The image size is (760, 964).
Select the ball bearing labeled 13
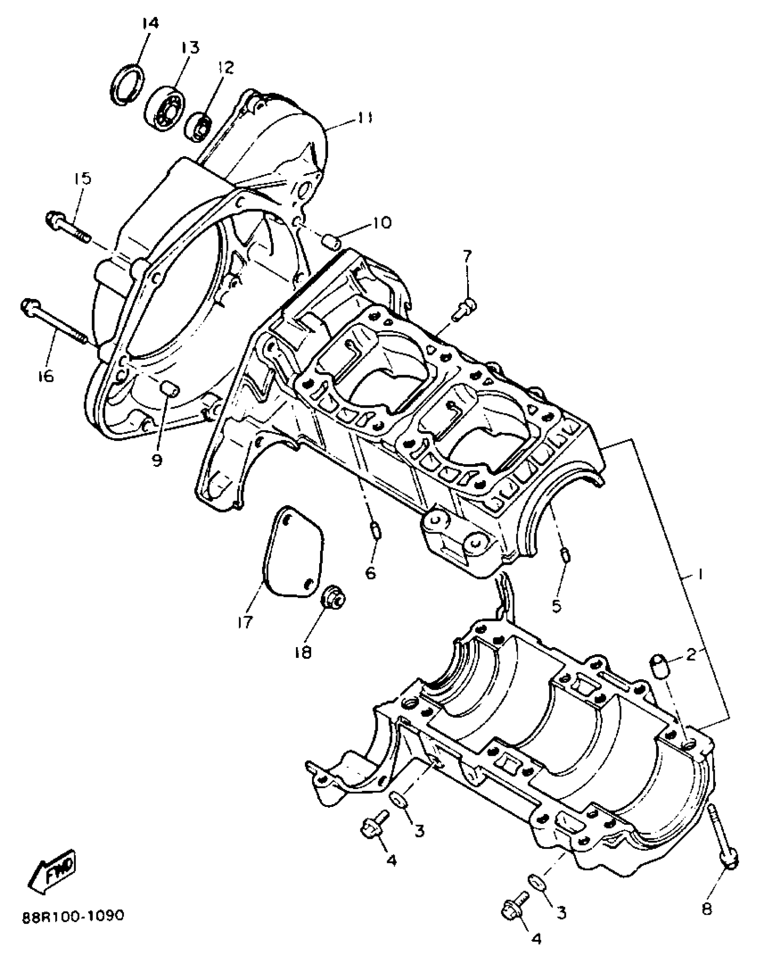165,107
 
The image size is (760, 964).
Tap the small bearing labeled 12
198,126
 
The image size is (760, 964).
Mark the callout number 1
700,574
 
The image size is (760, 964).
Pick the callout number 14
150,24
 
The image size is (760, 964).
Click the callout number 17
245,622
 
